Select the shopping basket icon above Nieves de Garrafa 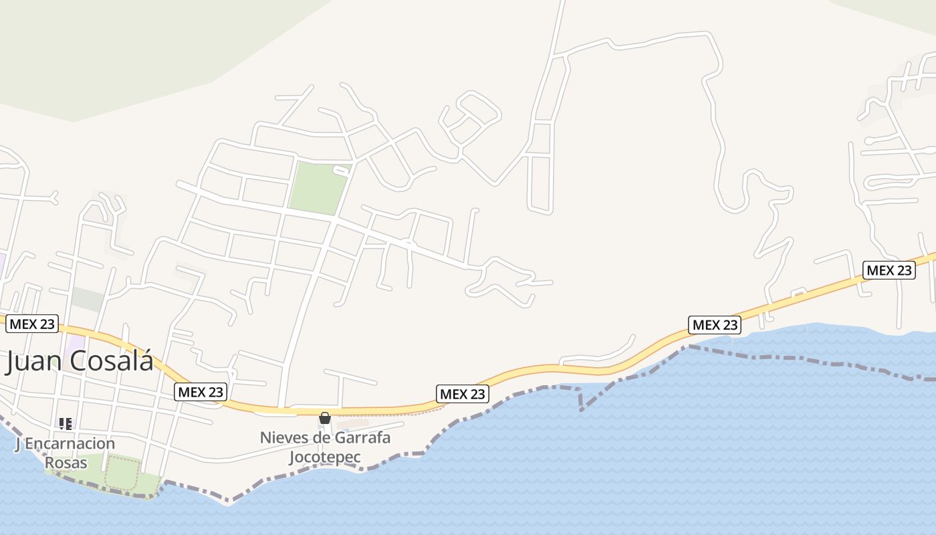(x=325, y=418)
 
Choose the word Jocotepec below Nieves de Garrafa (x=325, y=457)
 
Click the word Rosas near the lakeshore (x=66, y=462)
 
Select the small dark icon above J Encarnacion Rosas (x=65, y=423)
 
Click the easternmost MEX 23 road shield (x=889, y=270)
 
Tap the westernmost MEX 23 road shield (x=32, y=324)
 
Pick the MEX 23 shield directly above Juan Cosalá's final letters (x=201, y=392)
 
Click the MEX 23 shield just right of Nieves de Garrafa (x=462, y=394)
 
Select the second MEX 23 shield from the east (x=715, y=325)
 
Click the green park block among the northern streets (x=318, y=188)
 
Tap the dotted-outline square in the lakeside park (x=121, y=474)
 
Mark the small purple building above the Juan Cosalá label (x=75, y=346)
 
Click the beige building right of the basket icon (x=352, y=424)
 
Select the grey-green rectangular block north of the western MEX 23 (x=87, y=299)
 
